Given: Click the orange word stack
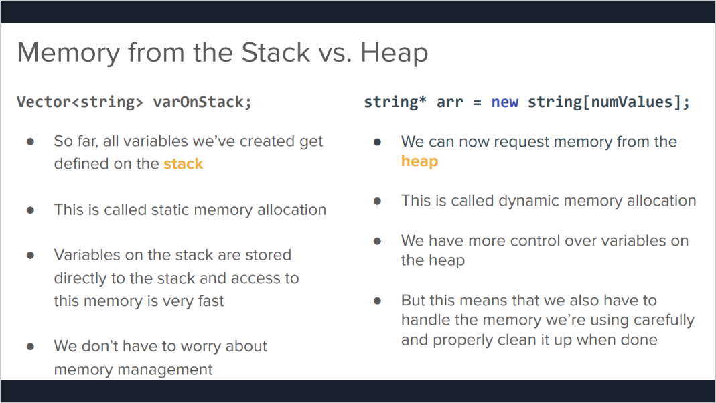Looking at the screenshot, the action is tap(183, 163).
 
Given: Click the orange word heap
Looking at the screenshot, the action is tap(420, 161).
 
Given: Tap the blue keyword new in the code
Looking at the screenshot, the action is tap(504, 102).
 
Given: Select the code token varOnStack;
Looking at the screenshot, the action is tap(202, 102).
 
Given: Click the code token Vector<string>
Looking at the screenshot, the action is tap(80, 102).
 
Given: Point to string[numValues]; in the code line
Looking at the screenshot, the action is tap(609, 102).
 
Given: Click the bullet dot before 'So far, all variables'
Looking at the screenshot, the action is tap(31, 141).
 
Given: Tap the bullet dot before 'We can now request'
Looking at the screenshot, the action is tap(377, 142).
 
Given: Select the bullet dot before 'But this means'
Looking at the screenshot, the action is tap(377, 301).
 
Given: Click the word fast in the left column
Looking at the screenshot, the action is tap(210, 301).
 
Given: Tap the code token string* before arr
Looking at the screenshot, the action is tap(395, 102).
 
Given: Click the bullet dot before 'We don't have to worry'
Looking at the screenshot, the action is tap(31, 346).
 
